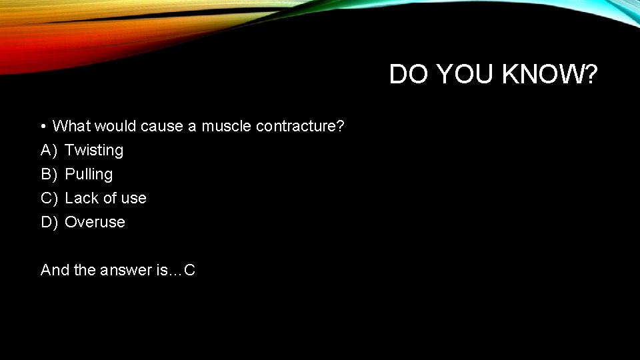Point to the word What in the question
72,126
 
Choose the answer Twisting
94,151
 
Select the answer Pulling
89,175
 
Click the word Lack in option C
81,198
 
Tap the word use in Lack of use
133,199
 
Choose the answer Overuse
95,222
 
